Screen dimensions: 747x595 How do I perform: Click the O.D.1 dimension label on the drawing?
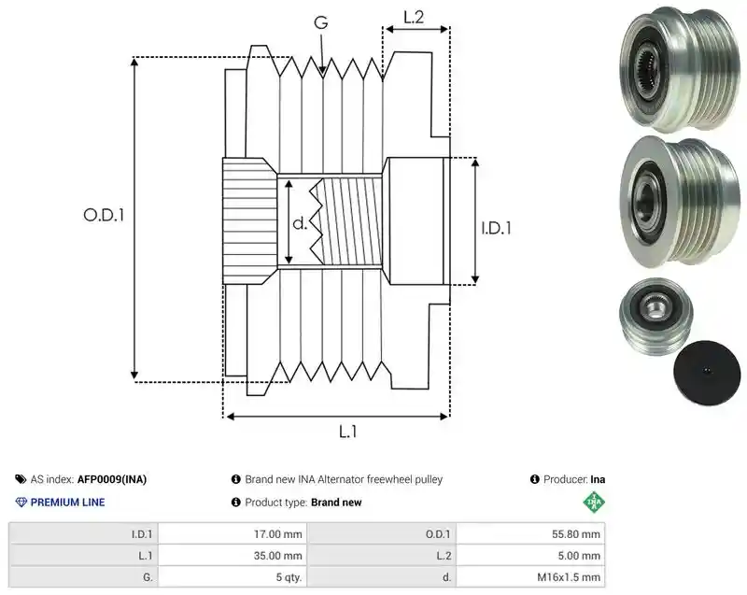pyautogui.click(x=104, y=216)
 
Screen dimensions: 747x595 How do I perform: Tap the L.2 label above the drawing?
pyautogui.click(x=414, y=17)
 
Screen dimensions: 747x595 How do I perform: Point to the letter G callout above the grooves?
pyautogui.click(x=321, y=22)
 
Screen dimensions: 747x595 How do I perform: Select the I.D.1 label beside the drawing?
pyautogui.click(x=496, y=228)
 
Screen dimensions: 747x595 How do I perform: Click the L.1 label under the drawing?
pyautogui.click(x=347, y=432)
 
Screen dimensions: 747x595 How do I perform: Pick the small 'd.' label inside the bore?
pyautogui.click(x=300, y=223)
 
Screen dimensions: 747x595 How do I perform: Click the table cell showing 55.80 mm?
pyautogui.click(x=530, y=534)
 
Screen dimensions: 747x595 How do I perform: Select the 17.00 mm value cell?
pyautogui.click(x=233, y=534)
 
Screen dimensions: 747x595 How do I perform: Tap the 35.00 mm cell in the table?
pyautogui.click(x=233, y=556)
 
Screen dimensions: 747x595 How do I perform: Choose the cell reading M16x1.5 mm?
pyautogui.click(x=530, y=577)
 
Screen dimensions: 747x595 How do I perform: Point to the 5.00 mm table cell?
pyautogui.click(x=530, y=556)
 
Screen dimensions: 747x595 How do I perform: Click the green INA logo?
pyautogui.click(x=594, y=502)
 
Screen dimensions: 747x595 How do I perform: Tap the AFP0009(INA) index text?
pyautogui.click(x=112, y=479)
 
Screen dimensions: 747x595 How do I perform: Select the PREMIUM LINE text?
pyautogui.click(x=67, y=503)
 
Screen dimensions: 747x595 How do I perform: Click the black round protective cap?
pyautogui.click(x=707, y=373)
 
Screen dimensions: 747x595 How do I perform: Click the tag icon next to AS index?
pyautogui.click(x=21, y=479)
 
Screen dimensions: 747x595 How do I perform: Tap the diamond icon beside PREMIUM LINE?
pyautogui.click(x=21, y=503)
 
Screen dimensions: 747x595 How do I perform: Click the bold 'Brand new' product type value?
pyautogui.click(x=336, y=503)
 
